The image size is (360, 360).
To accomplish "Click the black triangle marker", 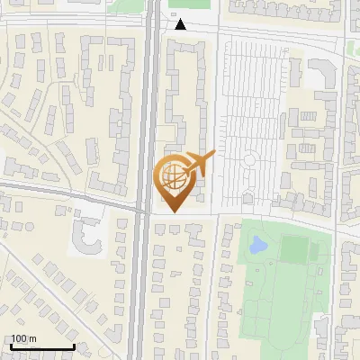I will point(180,24).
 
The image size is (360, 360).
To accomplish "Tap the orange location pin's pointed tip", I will point(172,210).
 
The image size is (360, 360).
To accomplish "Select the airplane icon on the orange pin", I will point(200,163).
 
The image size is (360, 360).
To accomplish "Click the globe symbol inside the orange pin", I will point(172,175).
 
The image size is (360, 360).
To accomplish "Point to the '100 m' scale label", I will point(22,338).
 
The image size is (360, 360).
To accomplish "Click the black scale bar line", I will point(41,346).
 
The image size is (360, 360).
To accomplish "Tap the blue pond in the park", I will point(258,243).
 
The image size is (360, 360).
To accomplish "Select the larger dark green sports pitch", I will point(295,249).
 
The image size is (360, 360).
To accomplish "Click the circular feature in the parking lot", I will point(250,160).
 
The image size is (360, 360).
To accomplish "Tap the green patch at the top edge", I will point(189,4).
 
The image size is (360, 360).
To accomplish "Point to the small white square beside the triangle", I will point(175,14).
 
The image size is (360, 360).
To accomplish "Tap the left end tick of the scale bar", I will point(11,346).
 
